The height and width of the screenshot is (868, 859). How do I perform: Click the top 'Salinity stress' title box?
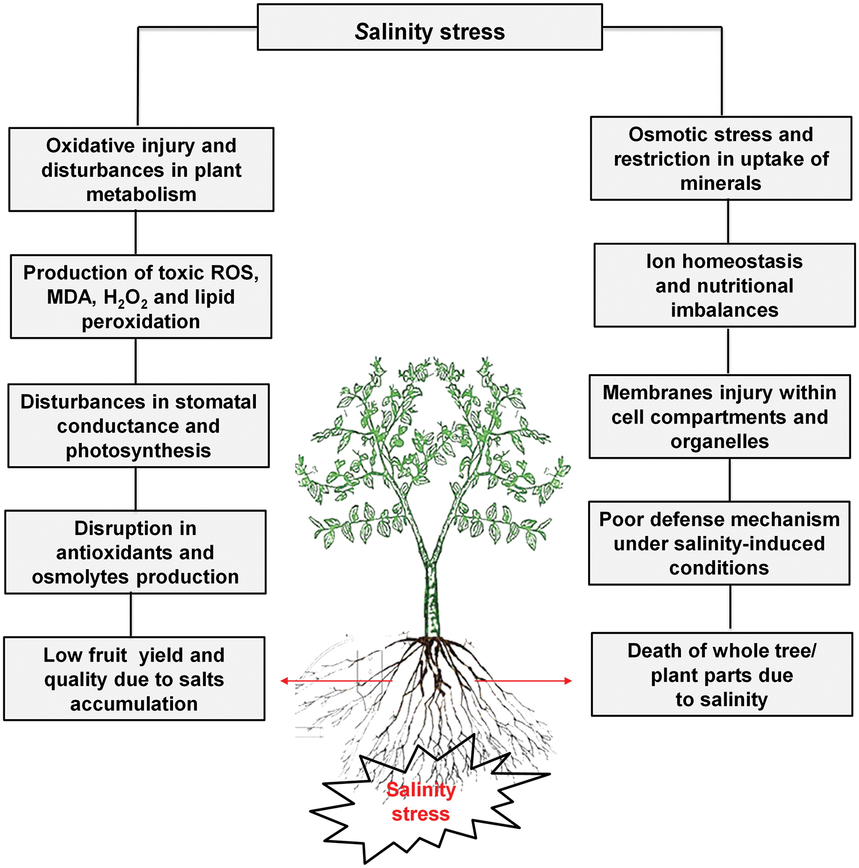(429, 28)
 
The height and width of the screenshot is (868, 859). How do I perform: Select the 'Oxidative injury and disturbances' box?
(141, 169)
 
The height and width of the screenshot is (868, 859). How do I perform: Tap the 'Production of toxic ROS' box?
(141, 297)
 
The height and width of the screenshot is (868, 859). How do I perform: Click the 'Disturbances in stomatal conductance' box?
(138, 426)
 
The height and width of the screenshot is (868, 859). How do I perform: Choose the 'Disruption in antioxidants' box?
(135, 552)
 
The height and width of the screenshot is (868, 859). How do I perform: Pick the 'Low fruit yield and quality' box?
(134, 679)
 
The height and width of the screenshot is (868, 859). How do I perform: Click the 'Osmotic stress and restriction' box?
(721, 159)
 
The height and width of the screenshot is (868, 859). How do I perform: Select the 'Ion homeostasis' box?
(724, 285)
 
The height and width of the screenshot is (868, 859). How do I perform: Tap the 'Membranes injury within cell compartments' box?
(720, 417)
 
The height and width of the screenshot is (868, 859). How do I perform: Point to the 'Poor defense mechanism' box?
(719, 543)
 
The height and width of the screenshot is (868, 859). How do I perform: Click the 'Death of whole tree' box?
(721, 675)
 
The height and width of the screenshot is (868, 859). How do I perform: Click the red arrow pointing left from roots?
(336, 681)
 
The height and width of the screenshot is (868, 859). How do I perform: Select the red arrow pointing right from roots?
(523, 681)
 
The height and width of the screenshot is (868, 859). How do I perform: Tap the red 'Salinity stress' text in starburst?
(421, 801)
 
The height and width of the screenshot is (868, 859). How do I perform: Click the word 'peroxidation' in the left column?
(141, 322)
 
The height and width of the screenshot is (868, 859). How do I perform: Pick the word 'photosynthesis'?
(138, 451)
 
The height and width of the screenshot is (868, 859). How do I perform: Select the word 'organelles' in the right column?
(720, 442)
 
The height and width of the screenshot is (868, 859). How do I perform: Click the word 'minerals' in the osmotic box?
(721, 184)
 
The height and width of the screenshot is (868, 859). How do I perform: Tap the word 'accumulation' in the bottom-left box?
(134, 704)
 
